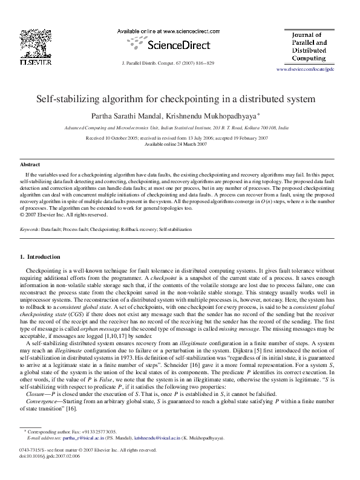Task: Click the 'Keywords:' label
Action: (30, 230)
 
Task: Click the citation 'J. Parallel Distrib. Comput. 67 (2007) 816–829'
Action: (168, 63)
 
